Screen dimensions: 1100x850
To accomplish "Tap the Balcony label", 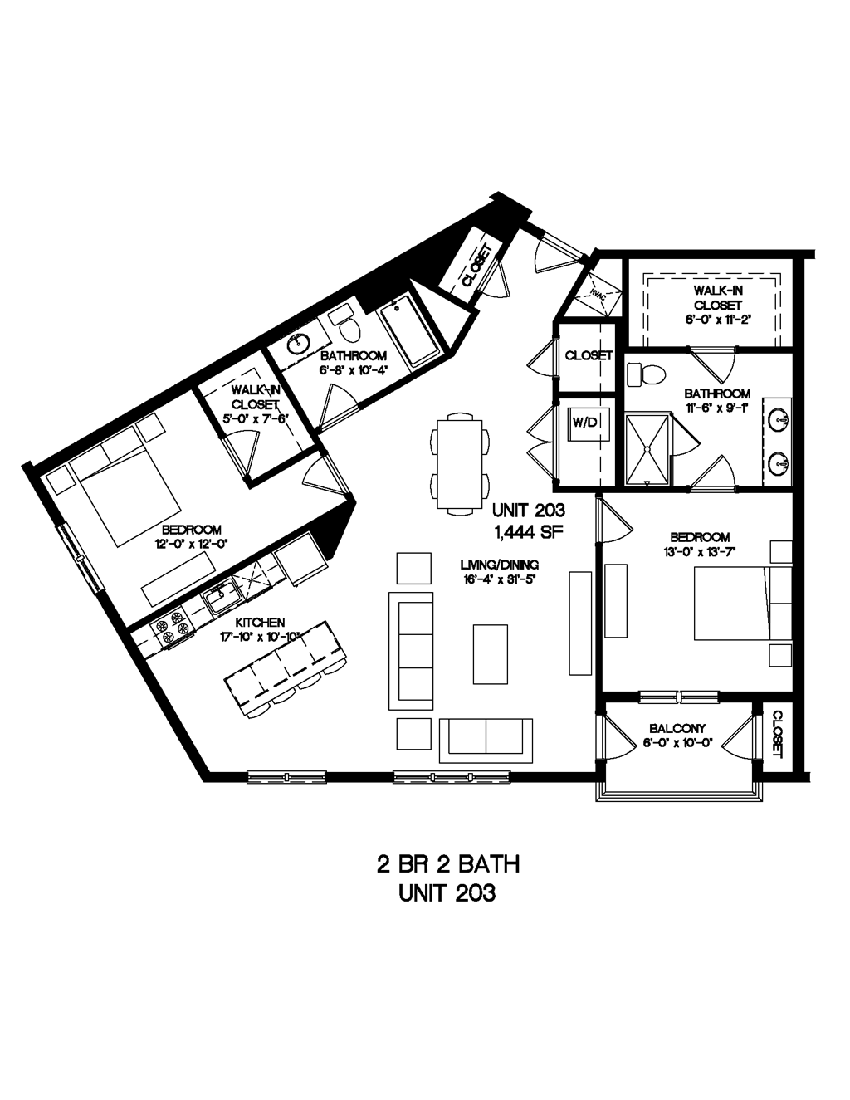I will [677, 729].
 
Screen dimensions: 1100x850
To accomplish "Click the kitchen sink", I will [222, 594].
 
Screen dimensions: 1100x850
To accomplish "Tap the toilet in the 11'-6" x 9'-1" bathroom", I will [647, 375].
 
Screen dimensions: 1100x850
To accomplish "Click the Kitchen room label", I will [261, 622].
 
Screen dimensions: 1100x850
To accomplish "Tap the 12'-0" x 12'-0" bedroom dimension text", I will [191, 544].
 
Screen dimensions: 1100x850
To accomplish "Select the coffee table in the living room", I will [489, 653].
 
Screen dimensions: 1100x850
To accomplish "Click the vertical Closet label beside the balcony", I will [779, 733].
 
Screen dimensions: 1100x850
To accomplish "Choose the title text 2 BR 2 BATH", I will [448, 865].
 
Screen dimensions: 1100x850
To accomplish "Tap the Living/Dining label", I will [500, 565].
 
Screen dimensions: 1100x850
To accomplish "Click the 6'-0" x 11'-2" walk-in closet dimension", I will [717, 320].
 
